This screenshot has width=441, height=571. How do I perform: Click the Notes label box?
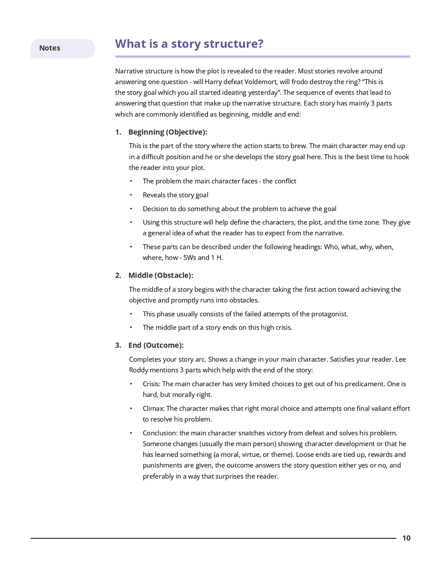click(62, 48)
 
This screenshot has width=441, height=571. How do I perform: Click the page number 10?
click(406, 538)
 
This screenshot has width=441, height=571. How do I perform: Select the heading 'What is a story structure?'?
click(189, 44)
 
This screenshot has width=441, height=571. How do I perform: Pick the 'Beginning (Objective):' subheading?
click(168, 132)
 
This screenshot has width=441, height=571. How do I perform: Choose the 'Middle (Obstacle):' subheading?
click(161, 275)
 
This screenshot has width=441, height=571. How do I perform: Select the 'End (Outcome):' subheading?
click(156, 345)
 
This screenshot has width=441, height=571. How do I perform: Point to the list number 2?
click(118, 275)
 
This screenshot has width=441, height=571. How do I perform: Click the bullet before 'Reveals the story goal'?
click(131, 195)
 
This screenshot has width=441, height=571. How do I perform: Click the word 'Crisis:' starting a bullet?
click(151, 384)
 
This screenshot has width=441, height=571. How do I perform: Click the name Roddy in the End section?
click(138, 370)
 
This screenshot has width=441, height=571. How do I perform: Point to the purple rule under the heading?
click(262, 57)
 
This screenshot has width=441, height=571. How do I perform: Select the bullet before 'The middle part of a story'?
click(131, 328)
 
